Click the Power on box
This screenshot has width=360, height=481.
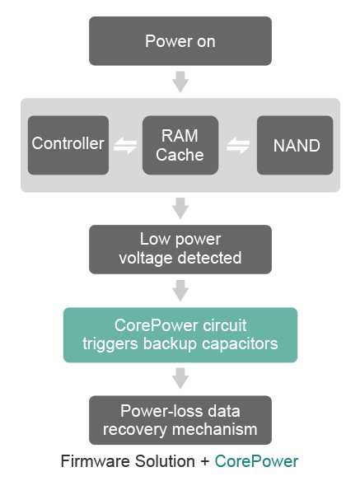(180, 41)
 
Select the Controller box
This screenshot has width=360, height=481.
(68, 145)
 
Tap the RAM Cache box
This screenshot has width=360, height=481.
(180, 145)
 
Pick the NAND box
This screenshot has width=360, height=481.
(295, 145)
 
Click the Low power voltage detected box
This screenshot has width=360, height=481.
(180, 250)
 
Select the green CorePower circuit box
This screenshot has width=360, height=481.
(180, 335)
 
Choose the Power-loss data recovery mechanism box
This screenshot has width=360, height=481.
(180, 420)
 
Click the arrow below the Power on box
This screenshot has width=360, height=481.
(180, 82)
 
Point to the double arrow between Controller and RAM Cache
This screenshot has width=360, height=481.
(125, 145)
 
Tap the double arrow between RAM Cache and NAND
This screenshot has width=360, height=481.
(238, 145)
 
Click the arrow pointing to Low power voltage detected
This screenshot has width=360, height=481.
(180, 208)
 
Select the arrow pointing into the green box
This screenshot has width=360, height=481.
(180, 291)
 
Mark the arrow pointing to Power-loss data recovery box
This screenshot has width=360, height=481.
(180, 378)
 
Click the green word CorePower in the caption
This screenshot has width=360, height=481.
(256, 461)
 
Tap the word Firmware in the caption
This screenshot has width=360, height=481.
(96, 461)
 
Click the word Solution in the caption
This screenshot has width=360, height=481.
(165, 461)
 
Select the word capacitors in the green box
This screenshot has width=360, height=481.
(240, 344)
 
